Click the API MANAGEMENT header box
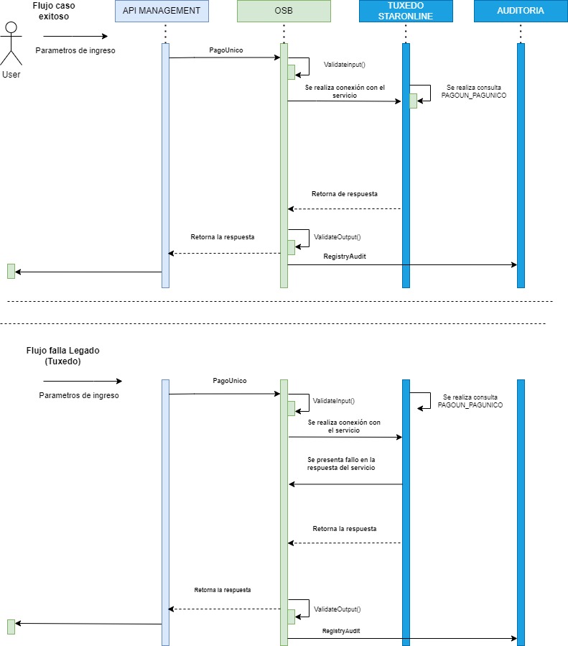tap(162, 11)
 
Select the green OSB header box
tap(284, 11)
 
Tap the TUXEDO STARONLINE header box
tap(406, 11)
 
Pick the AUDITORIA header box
tap(520, 11)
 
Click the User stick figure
tap(11, 43)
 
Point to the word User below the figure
tap(11, 75)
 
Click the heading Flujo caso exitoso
tap(54, 10)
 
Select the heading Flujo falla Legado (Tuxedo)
tap(62, 356)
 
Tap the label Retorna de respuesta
tap(345, 194)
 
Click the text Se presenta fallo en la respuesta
tap(341, 463)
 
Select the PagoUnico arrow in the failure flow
tap(224, 394)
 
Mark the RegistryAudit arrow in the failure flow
tap(402, 638)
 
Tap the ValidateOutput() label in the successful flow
tap(337, 236)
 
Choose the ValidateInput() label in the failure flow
tap(334, 400)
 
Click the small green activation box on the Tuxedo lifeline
tap(413, 101)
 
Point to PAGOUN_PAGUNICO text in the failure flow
tap(470, 405)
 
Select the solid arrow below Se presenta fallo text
tap(345, 484)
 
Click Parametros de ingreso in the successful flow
tap(75, 50)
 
